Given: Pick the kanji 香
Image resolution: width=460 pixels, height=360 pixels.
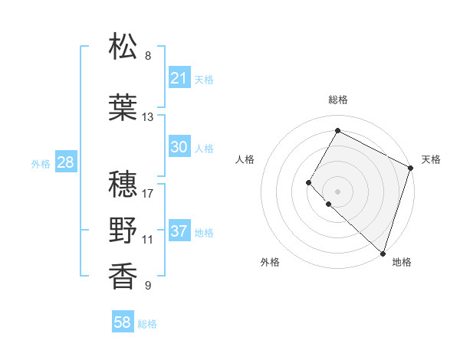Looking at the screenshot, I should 123,277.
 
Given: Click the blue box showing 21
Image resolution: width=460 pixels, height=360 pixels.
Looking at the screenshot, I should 179,77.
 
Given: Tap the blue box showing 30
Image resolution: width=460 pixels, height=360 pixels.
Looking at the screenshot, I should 179,148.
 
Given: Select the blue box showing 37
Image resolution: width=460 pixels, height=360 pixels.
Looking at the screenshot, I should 179,231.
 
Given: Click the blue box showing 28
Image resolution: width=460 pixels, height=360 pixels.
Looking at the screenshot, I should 65,162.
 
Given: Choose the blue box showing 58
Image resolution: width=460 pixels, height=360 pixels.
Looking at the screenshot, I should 123,323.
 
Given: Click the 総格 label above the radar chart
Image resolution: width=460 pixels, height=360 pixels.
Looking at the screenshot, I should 337,100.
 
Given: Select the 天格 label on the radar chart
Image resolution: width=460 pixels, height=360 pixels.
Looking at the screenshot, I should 431,159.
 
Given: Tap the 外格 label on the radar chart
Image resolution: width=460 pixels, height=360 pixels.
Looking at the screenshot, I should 270,262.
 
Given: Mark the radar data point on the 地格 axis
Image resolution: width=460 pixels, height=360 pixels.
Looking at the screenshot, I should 383,254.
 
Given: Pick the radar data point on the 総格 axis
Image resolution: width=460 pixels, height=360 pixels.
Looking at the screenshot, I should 337,131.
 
